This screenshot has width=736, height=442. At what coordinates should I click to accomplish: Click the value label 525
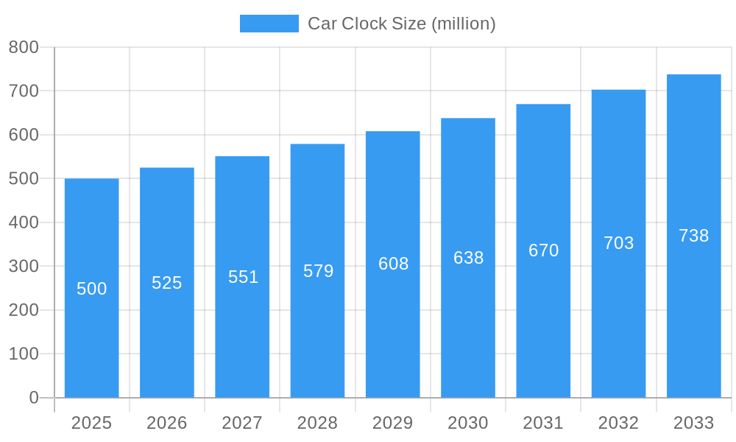(x=167, y=283)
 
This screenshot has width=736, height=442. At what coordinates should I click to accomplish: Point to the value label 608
(x=393, y=264)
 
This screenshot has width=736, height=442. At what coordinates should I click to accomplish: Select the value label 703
(x=618, y=243)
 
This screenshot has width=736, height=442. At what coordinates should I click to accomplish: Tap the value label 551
(x=243, y=277)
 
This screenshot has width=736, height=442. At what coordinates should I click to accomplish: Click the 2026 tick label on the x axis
(x=167, y=423)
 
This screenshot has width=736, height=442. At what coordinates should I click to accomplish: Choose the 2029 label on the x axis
(x=393, y=423)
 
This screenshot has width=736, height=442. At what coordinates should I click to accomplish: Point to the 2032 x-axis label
(x=618, y=423)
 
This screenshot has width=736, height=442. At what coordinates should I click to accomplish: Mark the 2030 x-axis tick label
(x=468, y=423)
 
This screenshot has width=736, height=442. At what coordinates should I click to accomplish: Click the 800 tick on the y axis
(x=24, y=47)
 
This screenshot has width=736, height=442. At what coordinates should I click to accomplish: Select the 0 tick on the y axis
(x=34, y=398)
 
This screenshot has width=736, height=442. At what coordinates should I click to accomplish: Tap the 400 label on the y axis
(x=24, y=222)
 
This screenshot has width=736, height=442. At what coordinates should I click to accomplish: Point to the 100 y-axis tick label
(x=24, y=354)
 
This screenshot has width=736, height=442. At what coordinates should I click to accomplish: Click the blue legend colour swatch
(x=269, y=24)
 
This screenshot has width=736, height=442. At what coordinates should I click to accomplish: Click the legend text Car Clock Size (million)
(x=402, y=24)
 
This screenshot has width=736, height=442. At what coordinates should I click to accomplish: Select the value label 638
(x=468, y=258)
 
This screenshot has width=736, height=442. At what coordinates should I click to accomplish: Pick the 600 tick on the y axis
(x=24, y=135)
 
